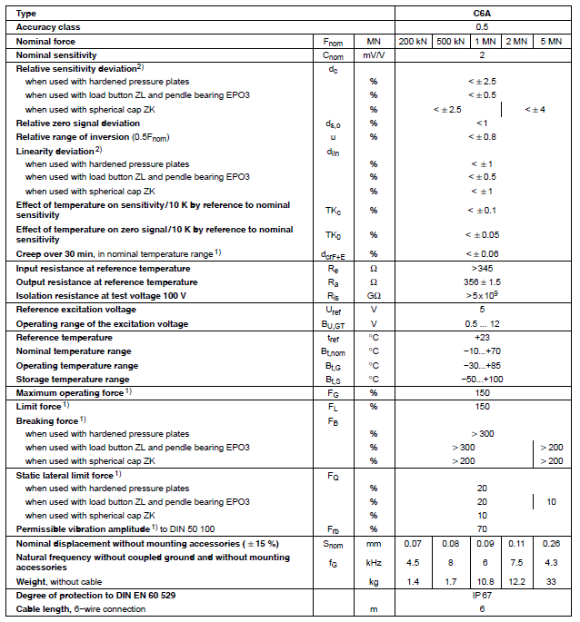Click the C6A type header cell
482,14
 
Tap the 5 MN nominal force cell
551,41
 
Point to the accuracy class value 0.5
482,27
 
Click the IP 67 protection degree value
482,594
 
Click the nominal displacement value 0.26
551,544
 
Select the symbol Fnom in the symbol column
333,42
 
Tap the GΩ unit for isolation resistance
373,295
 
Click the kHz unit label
373,563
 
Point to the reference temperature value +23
482,338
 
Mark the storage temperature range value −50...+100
482,379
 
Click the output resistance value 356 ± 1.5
482,281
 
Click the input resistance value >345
482,268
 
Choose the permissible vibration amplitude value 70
482,528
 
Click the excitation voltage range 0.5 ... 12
482,324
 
